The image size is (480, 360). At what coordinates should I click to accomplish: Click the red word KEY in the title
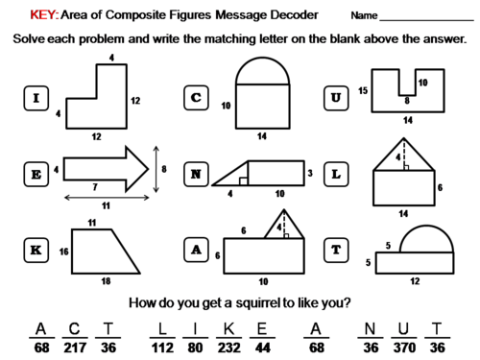click(x=44, y=14)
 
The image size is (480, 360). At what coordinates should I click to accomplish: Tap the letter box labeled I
click(x=36, y=98)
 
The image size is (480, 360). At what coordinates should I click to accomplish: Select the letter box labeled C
click(x=196, y=98)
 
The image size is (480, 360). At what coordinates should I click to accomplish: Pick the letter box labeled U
click(x=336, y=98)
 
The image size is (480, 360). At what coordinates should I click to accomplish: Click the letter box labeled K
click(x=36, y=250)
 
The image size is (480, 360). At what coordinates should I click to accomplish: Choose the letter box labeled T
click(x=336, y=250)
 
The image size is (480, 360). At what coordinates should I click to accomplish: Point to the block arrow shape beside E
click(x=106, y=169)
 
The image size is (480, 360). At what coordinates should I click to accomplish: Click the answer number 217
click(x=75, y=348)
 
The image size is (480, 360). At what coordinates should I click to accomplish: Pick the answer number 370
click(x=404, y=348)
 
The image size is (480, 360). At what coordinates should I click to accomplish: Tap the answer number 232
click(x=229, y=348)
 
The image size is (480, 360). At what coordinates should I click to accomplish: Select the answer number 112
click(x=162, y=348)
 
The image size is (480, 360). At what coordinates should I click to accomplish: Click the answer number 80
click(x=195, y=348)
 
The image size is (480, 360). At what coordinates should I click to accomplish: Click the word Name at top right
click(x=364, y=15)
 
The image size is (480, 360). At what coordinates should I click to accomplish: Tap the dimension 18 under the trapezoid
click(x=106, y=281)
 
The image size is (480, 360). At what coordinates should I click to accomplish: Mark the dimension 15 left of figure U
click(x=363, y=91)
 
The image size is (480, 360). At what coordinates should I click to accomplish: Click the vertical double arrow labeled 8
click(x=156, y=169)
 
